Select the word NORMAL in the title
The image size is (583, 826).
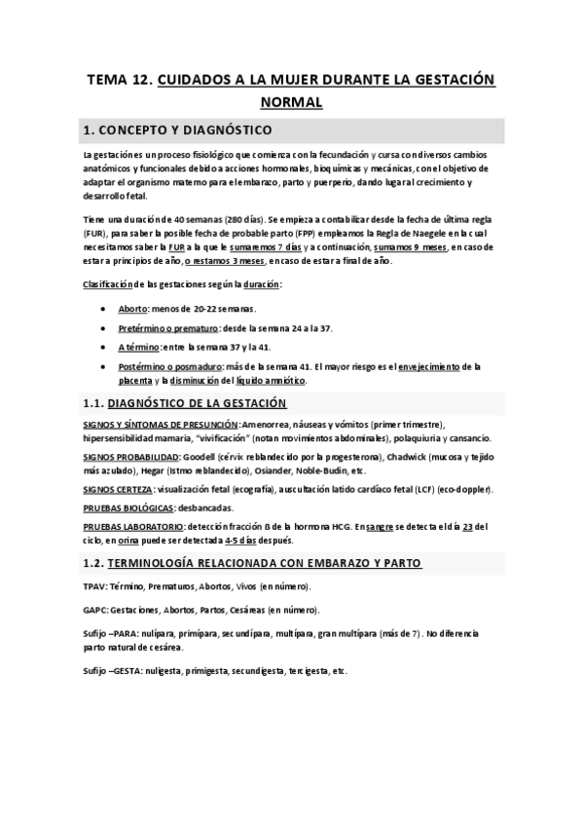pyautogui.click(x=291, y=101)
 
